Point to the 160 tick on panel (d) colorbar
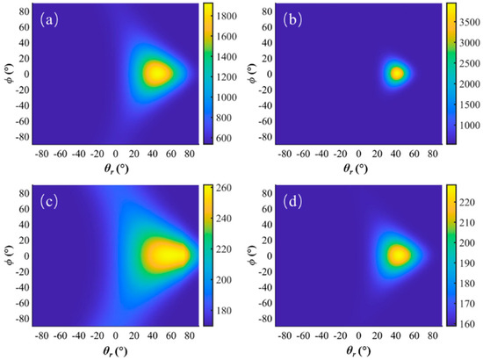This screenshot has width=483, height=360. click(467, 323)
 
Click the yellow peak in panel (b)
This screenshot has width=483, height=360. click(396, 73)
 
